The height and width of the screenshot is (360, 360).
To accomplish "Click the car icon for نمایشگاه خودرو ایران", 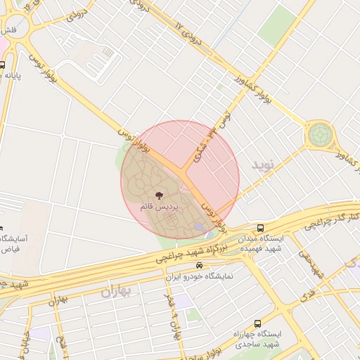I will coord(200,266).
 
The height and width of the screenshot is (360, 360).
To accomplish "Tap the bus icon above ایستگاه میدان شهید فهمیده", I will coord(261,229).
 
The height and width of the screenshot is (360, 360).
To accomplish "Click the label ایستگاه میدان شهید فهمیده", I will coord(261,244).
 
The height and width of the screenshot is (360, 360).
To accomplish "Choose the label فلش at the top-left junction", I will coord(8,31).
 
